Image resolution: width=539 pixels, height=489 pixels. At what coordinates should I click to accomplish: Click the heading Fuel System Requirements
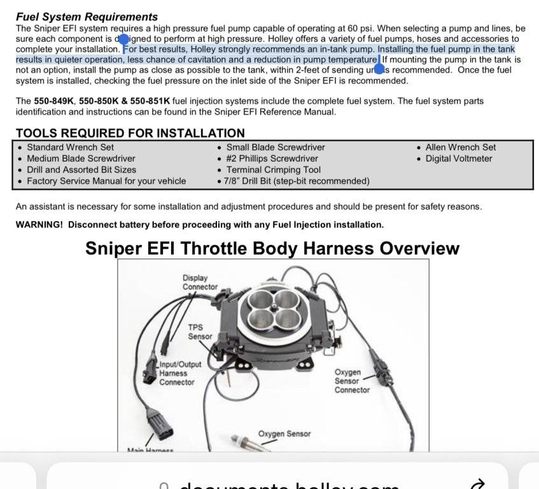click(87, 17)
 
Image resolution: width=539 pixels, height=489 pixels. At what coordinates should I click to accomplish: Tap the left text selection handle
click(125, 39)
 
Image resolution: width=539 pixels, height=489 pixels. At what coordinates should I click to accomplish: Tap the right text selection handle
click(379, 69)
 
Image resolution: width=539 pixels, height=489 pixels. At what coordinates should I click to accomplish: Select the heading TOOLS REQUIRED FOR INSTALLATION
click(130, 133)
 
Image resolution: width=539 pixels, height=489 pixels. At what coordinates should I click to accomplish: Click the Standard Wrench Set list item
click(70, 147)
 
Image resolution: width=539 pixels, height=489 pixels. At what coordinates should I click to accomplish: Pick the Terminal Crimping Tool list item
click(273, 170)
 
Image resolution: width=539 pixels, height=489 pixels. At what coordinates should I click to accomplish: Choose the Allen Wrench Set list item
click(460, 147)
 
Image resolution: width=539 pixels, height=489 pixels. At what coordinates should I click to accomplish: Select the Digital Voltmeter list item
click(458, 159)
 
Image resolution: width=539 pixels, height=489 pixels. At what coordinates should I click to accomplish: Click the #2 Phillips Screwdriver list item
click(272, 159)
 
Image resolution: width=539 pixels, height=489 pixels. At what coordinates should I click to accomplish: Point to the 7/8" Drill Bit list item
click(297, 181)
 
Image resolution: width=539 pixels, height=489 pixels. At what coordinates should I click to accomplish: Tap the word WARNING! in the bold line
click(39, 225)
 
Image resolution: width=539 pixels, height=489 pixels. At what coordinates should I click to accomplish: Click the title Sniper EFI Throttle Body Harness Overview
click(272, 248)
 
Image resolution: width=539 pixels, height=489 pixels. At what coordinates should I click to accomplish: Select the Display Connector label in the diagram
click(200, 282)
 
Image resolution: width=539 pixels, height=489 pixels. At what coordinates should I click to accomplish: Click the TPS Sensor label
click(200, 332)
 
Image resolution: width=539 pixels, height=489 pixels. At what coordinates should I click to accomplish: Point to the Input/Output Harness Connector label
click(180, 374)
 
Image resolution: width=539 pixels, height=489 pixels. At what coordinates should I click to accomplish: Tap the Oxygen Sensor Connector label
click(352, 381)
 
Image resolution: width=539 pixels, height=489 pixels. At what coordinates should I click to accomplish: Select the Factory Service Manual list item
click(106, 181)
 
